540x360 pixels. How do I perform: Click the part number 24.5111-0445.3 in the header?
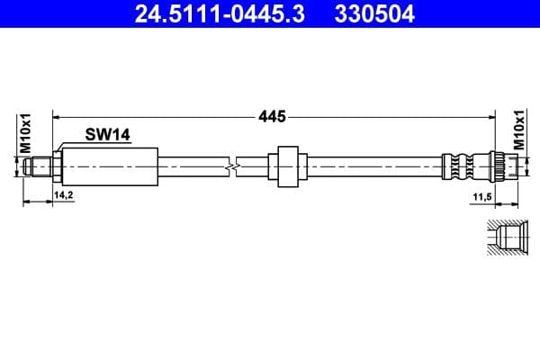[x=207, y=14]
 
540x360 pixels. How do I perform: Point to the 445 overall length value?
[x=272, y=116]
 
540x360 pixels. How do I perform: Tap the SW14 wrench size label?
[x=108, y=135]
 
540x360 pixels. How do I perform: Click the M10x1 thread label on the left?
[x=26, y=131]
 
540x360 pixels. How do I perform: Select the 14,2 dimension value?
[x=63, y=193]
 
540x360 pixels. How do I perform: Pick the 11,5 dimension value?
[x=482, y=193]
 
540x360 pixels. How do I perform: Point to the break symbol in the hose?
[x=236, y=166]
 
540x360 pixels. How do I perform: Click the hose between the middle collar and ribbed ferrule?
[x=369, y=166]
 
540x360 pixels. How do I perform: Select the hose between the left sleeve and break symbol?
[x=193, y=166]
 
